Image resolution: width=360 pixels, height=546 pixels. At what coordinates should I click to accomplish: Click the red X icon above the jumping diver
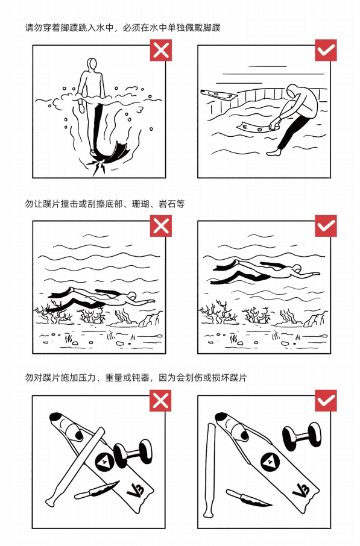point(160,50)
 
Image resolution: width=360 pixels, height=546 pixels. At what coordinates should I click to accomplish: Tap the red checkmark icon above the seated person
point(326,50)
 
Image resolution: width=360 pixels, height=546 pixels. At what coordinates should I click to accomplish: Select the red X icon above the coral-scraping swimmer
point(160,226)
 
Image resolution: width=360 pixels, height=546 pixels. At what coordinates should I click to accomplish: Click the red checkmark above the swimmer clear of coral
point(326,226)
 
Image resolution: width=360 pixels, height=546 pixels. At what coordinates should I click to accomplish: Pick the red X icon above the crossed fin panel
point(160,401)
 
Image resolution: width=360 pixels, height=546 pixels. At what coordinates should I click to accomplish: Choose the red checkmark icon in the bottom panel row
point(326,401)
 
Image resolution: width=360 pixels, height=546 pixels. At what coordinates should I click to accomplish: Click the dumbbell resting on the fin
point(133,453)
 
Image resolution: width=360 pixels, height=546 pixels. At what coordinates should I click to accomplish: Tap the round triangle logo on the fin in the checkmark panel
point(270,462)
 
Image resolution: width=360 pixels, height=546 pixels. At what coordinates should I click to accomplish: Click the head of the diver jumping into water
point(92,64)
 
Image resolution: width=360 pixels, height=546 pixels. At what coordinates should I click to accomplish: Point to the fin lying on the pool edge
point(219,93)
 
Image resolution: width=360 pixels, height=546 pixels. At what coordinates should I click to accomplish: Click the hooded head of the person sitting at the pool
point(292,90)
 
